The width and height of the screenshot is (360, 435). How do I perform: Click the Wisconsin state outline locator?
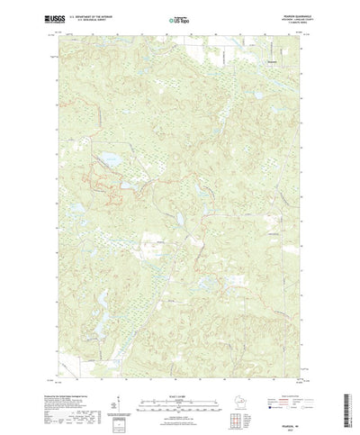tap(226, 396)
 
